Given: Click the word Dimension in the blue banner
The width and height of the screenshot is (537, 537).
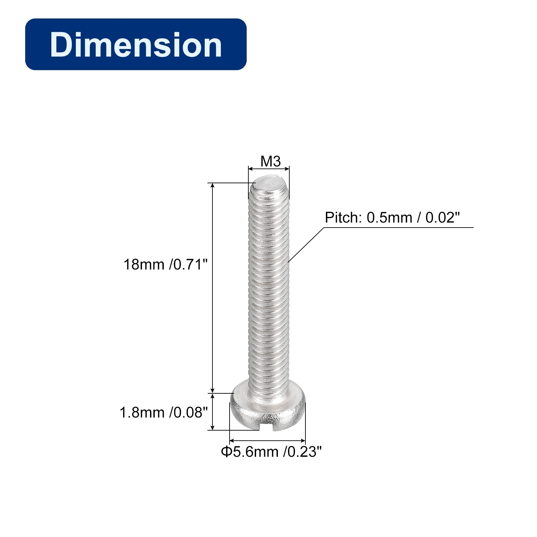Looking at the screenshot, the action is pos(136,45).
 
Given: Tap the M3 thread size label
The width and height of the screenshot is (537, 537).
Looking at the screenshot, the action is pos(271,161).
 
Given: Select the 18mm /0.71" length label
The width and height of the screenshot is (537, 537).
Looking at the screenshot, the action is pos(166,264).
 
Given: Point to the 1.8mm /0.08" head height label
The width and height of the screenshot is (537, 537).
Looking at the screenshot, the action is pos(164,412).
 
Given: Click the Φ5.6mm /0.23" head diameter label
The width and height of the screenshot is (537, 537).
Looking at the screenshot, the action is pos(271,452).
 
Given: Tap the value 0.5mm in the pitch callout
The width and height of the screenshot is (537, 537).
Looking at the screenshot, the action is pos(389,217).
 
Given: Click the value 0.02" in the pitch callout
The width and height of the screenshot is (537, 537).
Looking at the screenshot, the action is pos(442,217).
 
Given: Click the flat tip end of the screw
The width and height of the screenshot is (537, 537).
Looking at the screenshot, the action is pos(269,184).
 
